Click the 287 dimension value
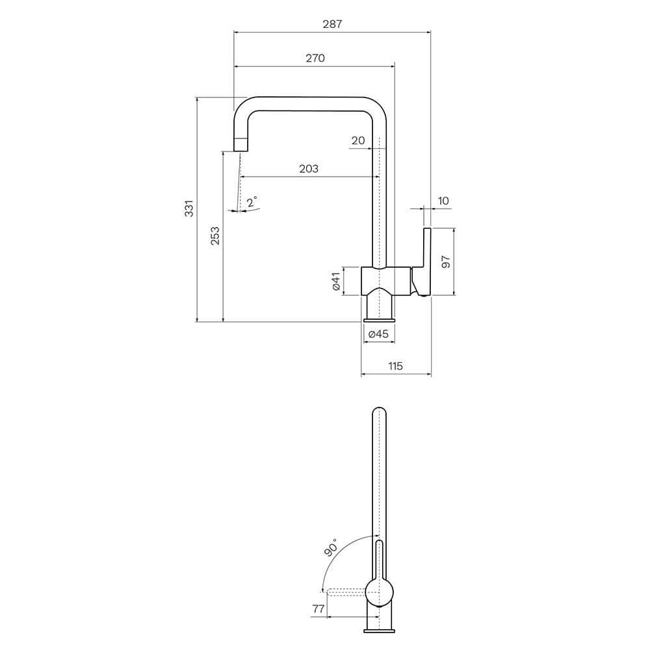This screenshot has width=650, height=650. tap(332, 24)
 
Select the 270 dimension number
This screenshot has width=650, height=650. tap(315, 58)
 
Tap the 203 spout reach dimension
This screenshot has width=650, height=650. tap(309, 168)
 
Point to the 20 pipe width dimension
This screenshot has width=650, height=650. tap(358, 140)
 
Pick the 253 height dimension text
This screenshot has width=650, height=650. tap(215, 235)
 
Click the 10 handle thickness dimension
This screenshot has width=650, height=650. tap(443, 201)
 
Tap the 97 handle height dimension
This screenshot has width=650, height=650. tap(446, 261)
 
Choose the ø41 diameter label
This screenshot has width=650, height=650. tap(336, 281)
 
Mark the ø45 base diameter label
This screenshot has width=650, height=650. tap(378, 334)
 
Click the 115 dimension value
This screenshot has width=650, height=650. tap(395, 366)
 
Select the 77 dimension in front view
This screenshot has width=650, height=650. tap(318, 608)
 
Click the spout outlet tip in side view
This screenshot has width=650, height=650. tap(240, 144)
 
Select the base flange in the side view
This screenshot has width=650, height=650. tap(379, 318)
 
